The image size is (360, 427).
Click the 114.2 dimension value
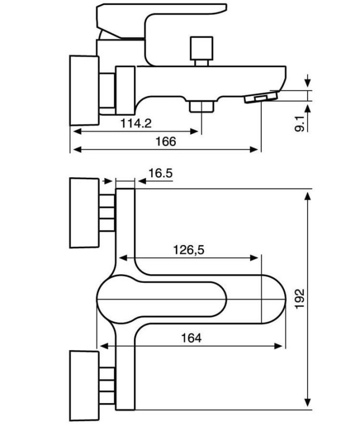(136, 123)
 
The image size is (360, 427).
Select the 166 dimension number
(166, 141)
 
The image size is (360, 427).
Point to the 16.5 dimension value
(161, 173)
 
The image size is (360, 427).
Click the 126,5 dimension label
(189, 250)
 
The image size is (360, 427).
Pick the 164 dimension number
(191, 338)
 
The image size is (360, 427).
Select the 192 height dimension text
(300, 299)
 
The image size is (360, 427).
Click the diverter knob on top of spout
(201, 51)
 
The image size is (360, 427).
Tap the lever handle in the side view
(161, 20)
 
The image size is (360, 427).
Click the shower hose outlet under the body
(201, 106)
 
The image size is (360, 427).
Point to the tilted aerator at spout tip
(261, 98)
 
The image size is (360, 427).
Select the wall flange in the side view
(84, 90)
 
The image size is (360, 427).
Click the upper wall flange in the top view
(84, 213)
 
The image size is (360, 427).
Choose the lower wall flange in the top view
(84, 386)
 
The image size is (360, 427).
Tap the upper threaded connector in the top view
(107, 213)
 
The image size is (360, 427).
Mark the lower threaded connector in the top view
(107, 385)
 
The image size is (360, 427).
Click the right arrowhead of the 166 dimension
(254, 149)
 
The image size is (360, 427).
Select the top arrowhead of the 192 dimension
(308, 196)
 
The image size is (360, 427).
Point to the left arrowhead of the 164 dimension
(104, 346)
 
